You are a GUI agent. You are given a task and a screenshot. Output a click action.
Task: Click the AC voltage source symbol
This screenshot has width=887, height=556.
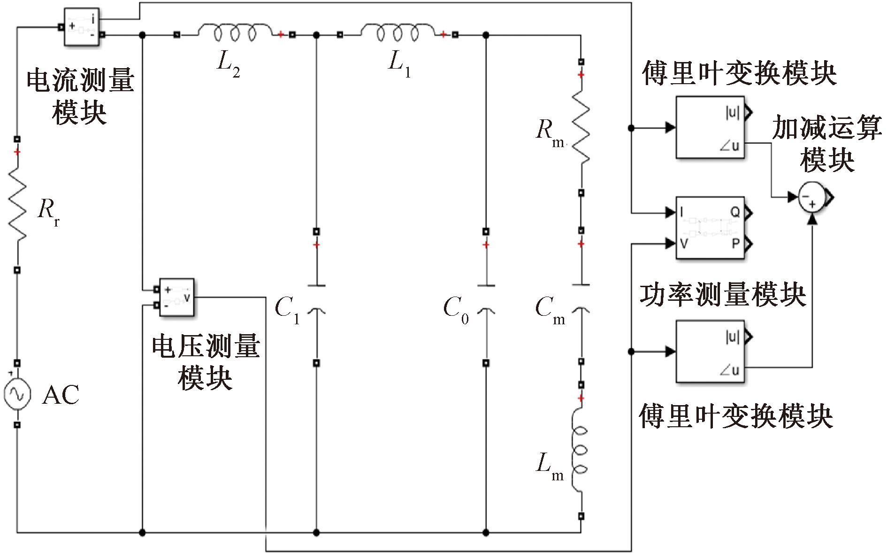[17, 394]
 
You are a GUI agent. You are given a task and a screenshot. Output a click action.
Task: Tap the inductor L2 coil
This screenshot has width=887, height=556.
[235, 33]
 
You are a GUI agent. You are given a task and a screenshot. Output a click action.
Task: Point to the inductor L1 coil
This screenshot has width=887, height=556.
[397, 33]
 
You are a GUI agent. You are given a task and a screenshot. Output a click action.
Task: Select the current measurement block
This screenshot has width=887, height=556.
[82, 26]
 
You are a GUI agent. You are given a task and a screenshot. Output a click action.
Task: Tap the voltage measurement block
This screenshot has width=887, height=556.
[176, 297]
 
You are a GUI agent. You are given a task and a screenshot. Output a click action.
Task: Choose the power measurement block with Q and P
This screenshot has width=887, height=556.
[710, 228]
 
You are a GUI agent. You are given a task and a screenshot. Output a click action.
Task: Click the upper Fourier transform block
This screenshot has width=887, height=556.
[710, 127]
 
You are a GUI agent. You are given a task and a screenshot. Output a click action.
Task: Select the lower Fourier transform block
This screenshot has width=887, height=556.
[710, 351]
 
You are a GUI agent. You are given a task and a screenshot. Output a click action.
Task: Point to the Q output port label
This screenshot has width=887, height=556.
[734, 212]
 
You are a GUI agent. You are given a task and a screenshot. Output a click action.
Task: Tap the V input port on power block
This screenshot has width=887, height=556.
[683, 243]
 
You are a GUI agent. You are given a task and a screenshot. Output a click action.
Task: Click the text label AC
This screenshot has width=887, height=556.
[61, 395]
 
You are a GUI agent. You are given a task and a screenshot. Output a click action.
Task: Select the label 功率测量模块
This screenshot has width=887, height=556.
[723, 295]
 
